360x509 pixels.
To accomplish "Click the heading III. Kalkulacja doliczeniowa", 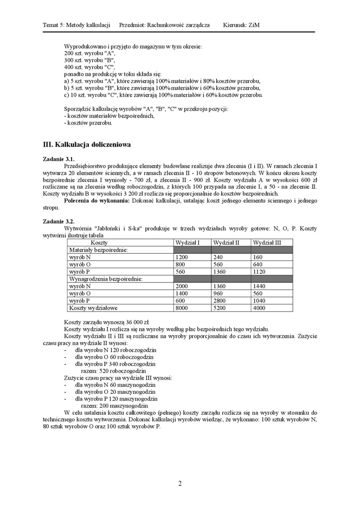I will [87, 144].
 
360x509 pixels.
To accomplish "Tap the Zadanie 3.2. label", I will [59, 221].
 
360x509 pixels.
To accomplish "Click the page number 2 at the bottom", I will [180, 483].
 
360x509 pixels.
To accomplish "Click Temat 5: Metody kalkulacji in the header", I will [76, 25].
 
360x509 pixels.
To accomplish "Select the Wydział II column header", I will [226, 242].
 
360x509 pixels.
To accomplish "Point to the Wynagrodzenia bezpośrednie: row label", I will [106, 279].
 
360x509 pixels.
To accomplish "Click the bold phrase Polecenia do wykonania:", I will [97, 201].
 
